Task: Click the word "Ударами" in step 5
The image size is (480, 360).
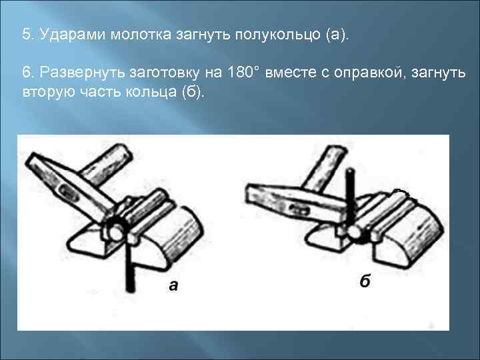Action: (x=66, y=35)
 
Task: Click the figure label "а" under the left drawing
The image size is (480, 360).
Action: (x=173, y=286)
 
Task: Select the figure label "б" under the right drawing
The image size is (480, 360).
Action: (x=365, y=282)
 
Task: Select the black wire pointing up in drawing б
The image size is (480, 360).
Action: (x=348, y=193)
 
